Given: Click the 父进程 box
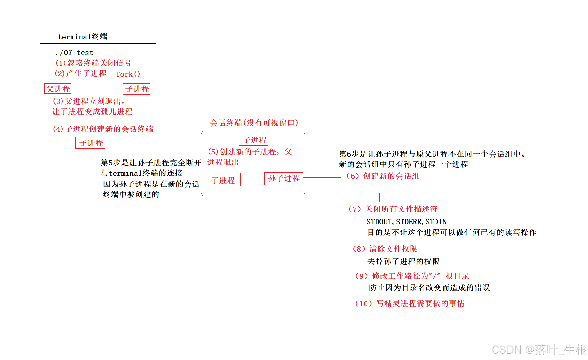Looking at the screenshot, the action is [x=58, y=89].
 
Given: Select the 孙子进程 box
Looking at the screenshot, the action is [x=284, y=178].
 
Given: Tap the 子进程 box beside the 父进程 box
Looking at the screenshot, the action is [x=137, y=89].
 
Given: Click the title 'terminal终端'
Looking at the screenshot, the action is [x=83, y=37].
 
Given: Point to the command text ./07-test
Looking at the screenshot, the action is [x=74, y=52].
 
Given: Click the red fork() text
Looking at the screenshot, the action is [x=128, y=74].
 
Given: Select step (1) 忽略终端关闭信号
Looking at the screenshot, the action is [x=93, y=63].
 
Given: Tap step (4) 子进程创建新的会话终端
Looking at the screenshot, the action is [x=103, y=129].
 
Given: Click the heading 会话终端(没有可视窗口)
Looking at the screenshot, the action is [x=254, y=123].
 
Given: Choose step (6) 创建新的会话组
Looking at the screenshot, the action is [x=383, y=176].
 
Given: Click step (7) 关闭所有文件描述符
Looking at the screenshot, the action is [x=393, y=209].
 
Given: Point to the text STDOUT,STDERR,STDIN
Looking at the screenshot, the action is [x=406, y=222].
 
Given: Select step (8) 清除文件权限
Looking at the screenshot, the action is [x=385, y=249].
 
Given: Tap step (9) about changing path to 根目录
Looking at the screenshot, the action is [x=412, y=276].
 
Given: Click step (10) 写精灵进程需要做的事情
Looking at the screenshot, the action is [x=410, y=304].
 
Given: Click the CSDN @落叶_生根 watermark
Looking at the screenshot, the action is [x=539, y=350].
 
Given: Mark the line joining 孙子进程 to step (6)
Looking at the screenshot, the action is [x=322, y=177].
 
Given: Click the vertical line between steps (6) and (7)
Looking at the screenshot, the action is [x=380, y=193].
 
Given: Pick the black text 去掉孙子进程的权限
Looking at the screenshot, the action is [x=403, y=262].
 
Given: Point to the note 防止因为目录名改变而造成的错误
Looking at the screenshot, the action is [x=429, y=288].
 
